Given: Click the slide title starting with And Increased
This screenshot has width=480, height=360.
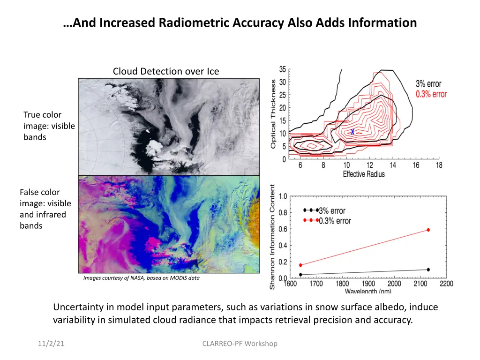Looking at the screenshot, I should point(240,22).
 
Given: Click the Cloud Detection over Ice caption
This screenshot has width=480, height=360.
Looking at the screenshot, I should point(166,71).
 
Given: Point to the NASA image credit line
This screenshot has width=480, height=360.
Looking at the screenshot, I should point(141,278).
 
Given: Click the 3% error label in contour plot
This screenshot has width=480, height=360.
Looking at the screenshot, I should point(428,84).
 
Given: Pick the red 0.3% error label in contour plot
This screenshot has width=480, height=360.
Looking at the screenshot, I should point(431,94).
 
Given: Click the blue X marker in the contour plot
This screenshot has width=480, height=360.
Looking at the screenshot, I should point(352,132).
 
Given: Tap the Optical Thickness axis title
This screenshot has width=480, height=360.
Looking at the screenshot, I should point(273,114).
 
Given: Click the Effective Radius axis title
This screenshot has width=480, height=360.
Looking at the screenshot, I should point(364,174).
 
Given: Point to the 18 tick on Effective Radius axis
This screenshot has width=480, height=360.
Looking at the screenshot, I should point(439,165).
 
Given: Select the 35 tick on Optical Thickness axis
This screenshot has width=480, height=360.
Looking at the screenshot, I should point(283,69).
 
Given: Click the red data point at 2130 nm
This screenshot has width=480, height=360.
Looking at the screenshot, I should point(428,230).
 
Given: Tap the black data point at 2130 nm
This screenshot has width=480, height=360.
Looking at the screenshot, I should point(428,270).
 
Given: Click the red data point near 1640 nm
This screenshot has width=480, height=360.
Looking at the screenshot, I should point(300,265).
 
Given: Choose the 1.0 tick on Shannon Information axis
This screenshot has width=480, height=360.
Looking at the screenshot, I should point(283,196).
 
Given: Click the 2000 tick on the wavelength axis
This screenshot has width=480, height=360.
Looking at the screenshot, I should point(394,284).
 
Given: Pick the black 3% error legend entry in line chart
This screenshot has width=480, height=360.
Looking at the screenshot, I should point(331,210).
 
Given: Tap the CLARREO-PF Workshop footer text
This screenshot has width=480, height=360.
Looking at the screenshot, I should point(240,344).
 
